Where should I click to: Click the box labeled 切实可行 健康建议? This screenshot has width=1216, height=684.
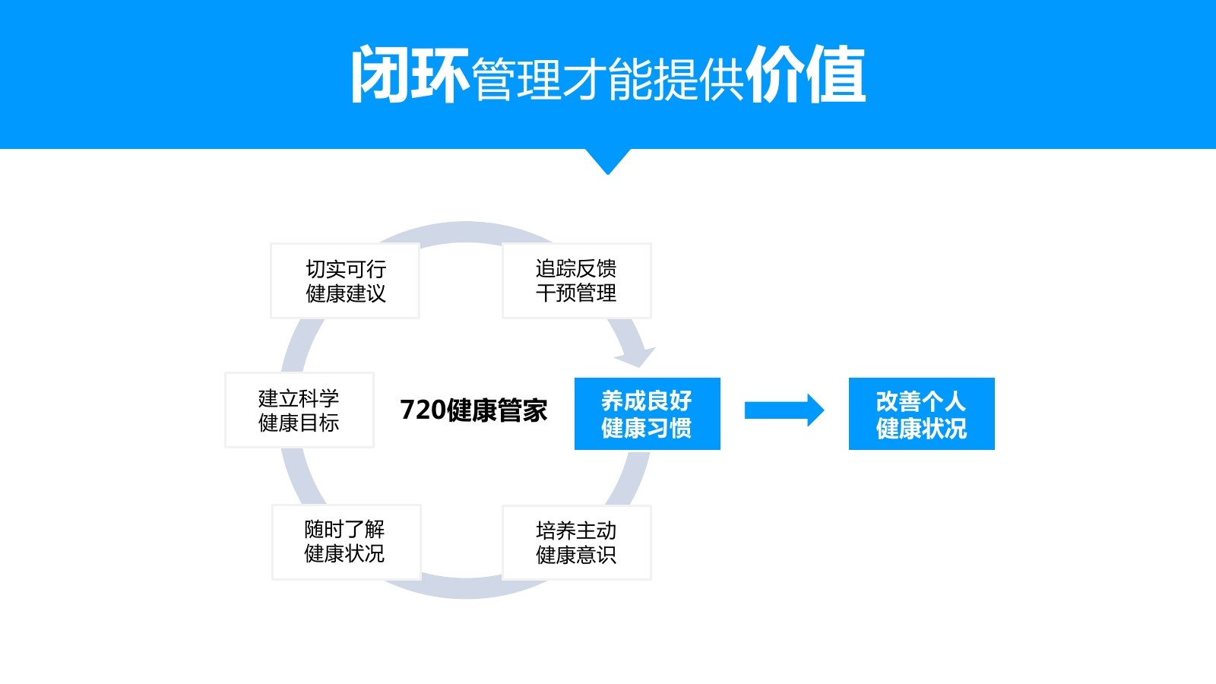coord(345,280)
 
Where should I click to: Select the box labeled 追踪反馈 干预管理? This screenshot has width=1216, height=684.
coord(576,280)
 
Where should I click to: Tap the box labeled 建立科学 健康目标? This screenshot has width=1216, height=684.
coord(299,410)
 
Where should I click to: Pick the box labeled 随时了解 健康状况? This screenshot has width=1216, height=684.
coord(346,541)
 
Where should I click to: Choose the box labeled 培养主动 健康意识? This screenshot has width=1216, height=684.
coord(576,543)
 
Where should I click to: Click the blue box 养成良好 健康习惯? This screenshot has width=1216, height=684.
coord(647,413)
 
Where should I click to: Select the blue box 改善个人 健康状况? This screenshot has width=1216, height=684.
coord(921,413)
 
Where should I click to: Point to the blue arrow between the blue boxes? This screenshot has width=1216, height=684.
coord(784,410)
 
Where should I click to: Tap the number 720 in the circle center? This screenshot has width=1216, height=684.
coord(423,410)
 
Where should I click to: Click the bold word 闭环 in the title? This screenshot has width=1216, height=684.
coord(409,74)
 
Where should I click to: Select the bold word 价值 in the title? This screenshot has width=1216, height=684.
coord(806,74)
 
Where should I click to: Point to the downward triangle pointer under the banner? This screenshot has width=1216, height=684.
coord(607,160)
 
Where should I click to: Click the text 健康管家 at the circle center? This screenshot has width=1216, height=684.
coord(497,410)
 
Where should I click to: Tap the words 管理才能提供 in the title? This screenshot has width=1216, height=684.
coord(607,78)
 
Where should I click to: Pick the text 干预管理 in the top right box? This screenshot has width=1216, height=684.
coord(576,293)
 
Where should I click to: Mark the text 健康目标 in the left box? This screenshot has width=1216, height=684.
coord(299,423)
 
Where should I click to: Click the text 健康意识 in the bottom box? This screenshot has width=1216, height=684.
coord(576,556)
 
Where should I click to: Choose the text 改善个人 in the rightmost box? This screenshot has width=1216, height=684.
coord(921,401)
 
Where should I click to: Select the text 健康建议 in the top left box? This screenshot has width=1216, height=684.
coord(346,293)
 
